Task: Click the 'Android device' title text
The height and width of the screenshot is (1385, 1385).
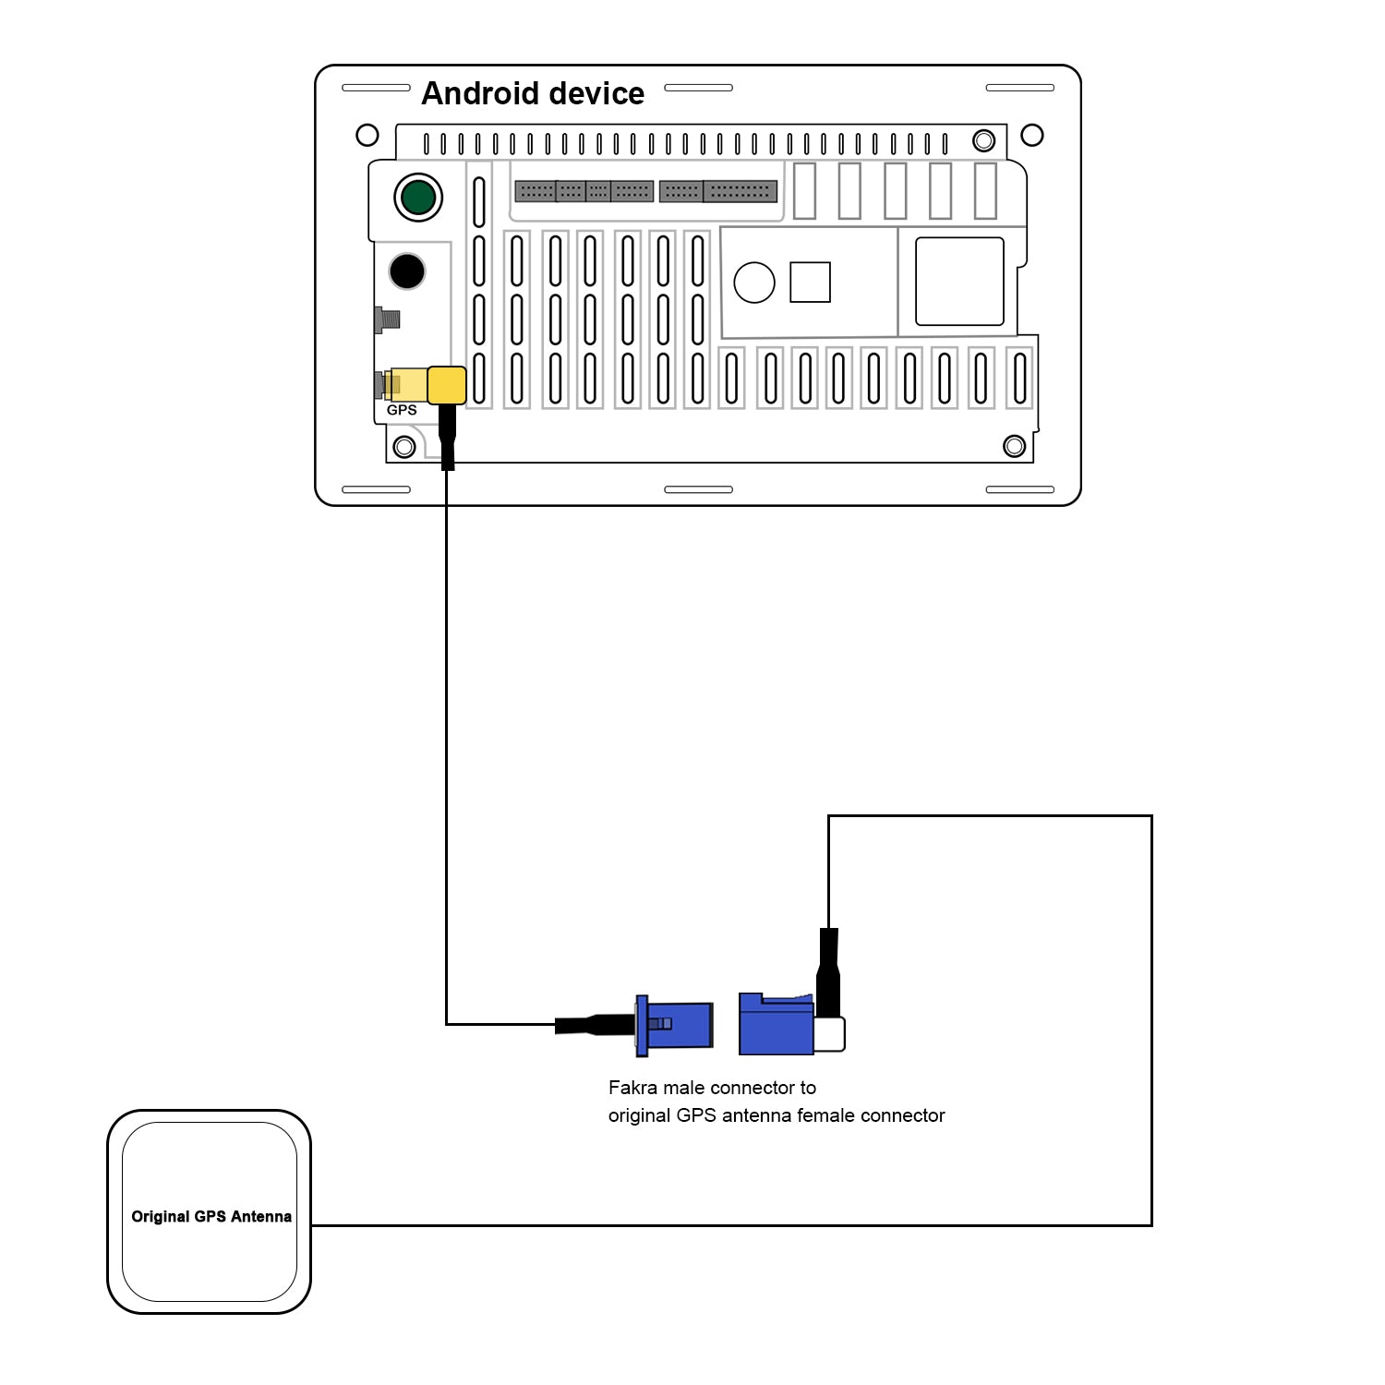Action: click(x=533, y=93)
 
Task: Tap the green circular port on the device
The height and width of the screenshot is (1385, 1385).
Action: click(x=418, y=197)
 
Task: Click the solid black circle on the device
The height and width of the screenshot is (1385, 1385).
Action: click(x=407, y=271)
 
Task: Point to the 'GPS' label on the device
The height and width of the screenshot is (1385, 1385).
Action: click(x=402, y=410)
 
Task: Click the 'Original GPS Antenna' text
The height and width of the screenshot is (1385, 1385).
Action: click(x=211, y=1217)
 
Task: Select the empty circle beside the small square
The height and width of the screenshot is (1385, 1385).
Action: click(x=754, y=283)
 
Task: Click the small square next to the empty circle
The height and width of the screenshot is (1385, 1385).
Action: click(x=810, y=283)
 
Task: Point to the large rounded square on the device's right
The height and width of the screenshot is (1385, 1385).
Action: click(x=959, y=282)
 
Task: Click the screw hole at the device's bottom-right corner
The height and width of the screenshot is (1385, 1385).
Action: click(x=1014, y=447)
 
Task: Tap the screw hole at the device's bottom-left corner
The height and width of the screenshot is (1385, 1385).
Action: click(x=404, y=447)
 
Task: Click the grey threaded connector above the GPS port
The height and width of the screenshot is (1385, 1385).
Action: click(x=388, y=320)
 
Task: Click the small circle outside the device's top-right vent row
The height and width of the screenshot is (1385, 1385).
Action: click(x=1032, y=136)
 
